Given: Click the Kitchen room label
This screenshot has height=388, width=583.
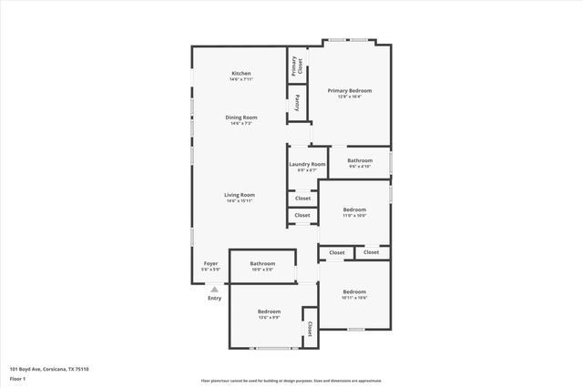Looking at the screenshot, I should [240, 73].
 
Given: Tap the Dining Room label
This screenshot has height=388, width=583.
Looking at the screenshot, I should [241, 117].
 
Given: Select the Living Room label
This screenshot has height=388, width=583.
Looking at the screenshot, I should [240, 194].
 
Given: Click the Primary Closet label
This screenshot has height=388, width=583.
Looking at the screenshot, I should [296, 66].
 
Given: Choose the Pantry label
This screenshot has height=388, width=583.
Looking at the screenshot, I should [297, 102].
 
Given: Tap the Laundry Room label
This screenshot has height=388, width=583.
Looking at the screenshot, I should [307, 164].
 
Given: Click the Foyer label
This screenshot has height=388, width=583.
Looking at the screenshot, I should [210, 263].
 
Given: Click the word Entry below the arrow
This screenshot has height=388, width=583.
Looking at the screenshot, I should [214, 298].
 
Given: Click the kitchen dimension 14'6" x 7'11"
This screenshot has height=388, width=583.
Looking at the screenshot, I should [240, 79].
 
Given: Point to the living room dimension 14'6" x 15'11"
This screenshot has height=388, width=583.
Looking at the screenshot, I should [240, 200].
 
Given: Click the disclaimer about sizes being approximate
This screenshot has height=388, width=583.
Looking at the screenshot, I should [291, 381].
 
